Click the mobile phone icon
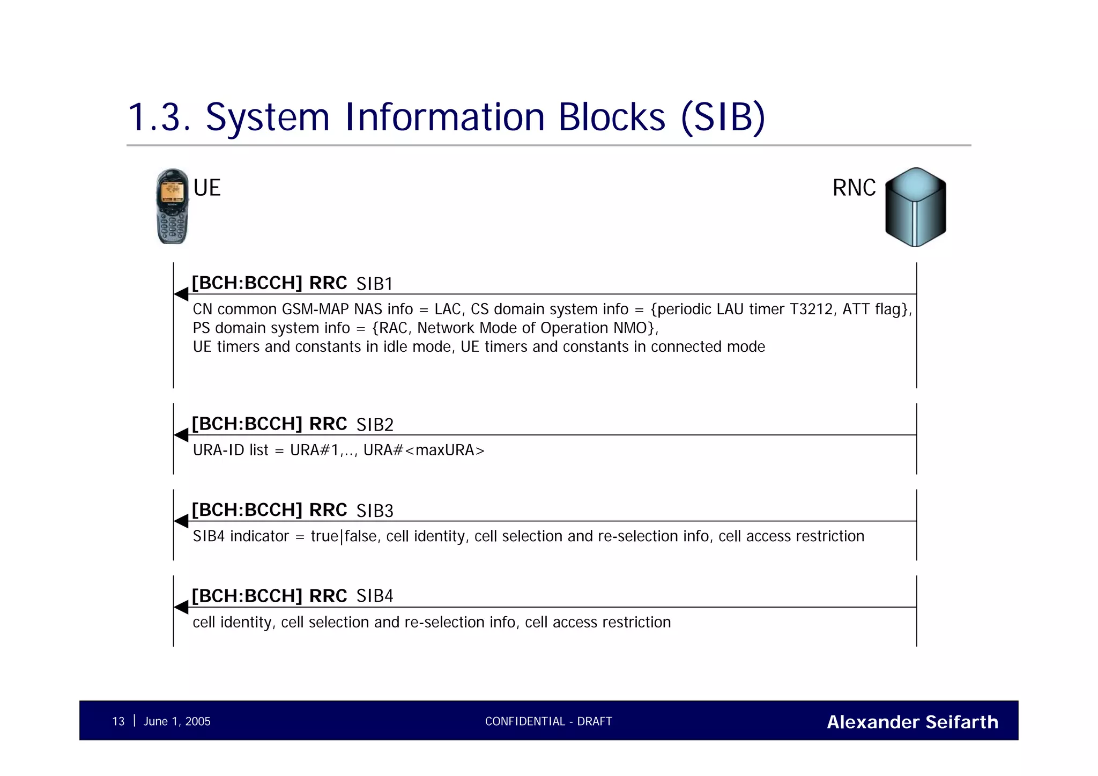(x=172, y=206)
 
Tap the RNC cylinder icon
(x=915, y=207)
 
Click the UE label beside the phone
(x=207, y=188)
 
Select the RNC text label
(x=854, y=188)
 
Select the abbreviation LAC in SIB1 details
(x=448, y=309)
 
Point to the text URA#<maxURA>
(x=424, y=450)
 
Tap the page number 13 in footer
(x=118, y=721)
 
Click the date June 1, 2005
(x=177, y=721)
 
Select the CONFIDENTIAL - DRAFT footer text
(x=548, y=721)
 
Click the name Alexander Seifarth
(x=912, y=722)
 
